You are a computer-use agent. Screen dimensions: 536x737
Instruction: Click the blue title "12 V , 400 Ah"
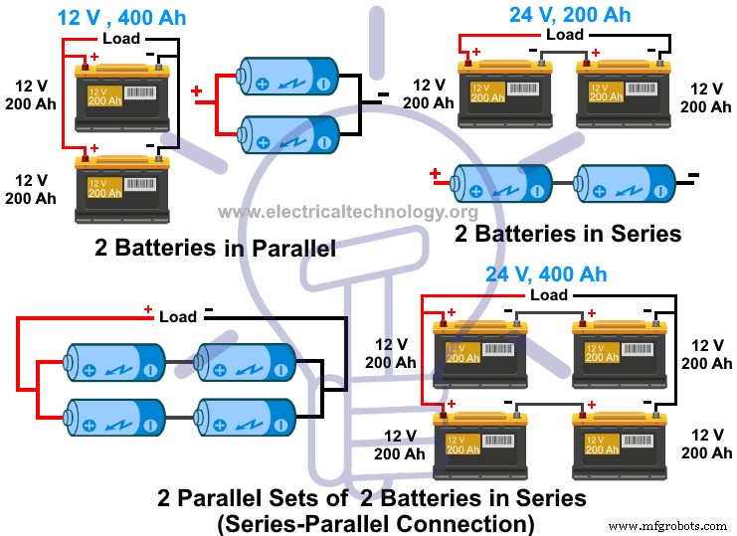coord(121,17)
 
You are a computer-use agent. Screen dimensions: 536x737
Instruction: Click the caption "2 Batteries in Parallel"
coord(215,248)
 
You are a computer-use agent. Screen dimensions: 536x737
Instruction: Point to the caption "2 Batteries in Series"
coord(568,234)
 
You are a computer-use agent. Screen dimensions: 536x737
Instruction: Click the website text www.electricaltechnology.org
coord(347,211)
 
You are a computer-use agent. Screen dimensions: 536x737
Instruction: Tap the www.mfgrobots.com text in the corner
coord(668,525)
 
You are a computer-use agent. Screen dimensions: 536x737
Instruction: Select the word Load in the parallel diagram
coord(121,38)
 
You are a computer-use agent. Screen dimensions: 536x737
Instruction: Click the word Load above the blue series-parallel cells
coord(178,316)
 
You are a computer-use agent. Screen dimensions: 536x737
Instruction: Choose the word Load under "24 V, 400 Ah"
coord(549,294)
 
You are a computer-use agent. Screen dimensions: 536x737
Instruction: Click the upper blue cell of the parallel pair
coord(288,76)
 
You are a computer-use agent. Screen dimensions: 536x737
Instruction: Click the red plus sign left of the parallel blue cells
coord(196,92)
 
